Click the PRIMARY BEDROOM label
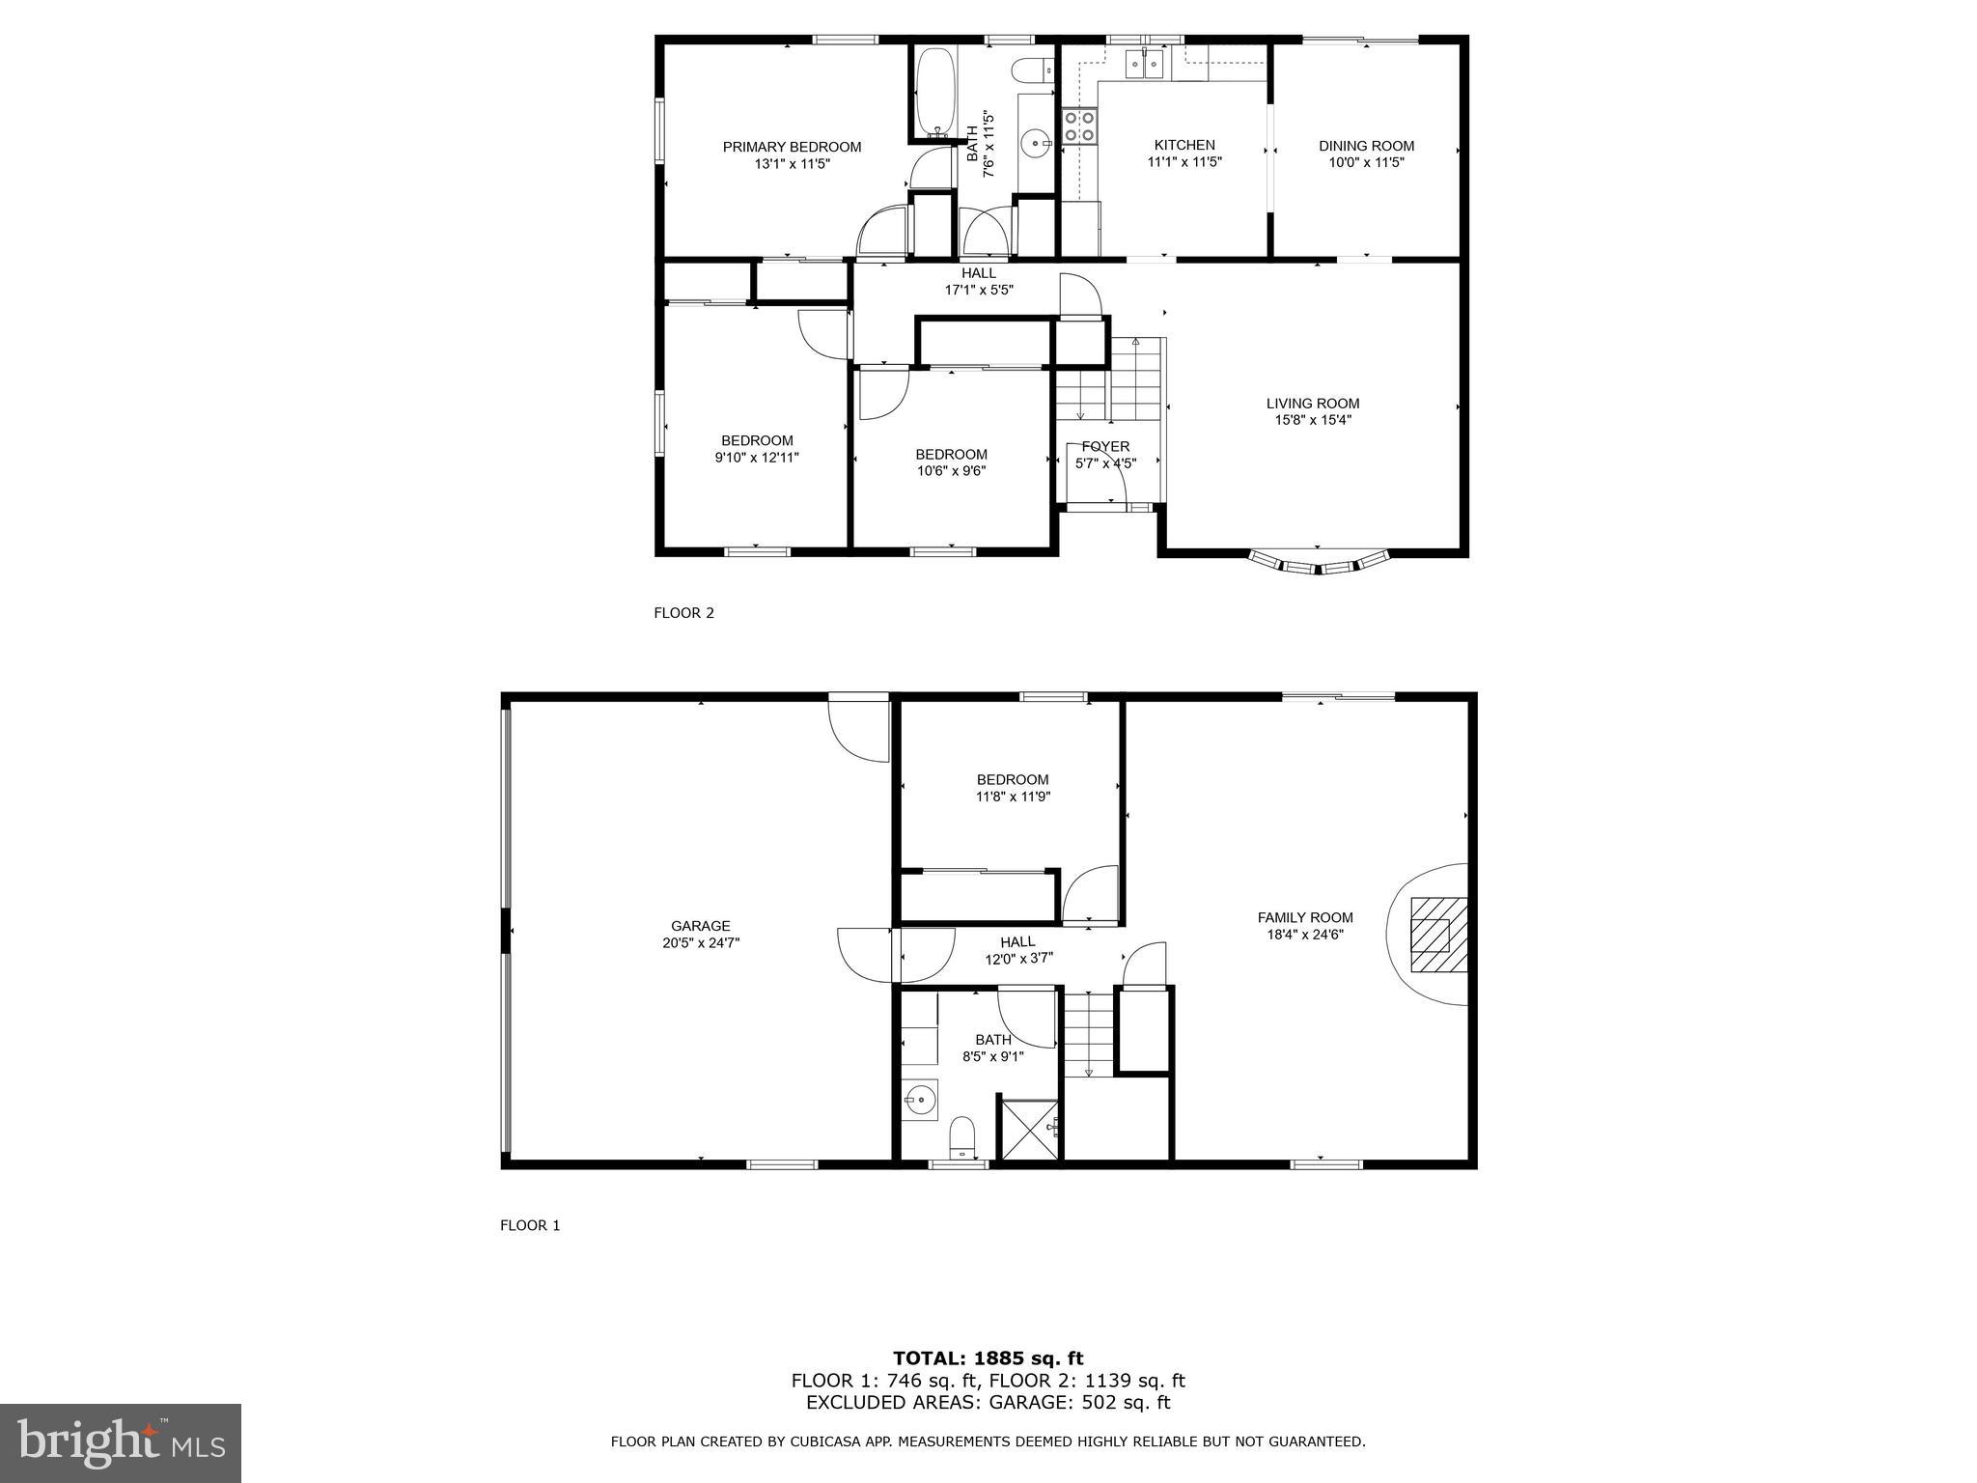click(792, 147)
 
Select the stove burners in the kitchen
click(1079, 126)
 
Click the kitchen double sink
click(1145, 65)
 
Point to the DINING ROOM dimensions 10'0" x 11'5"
click(1366, 162)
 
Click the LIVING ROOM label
click(1313, 404)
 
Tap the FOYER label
click(1105, 446)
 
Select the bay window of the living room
click(1318, 564)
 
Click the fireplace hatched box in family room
click(1438, 934)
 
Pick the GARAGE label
click(701, 926)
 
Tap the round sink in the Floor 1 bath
click(920, 1099)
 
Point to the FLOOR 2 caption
click(683, 612)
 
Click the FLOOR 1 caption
click(529, 1225)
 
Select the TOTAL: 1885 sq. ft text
click(988, 1358)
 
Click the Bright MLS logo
click(121, 1442)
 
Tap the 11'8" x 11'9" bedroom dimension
click(1012, 797)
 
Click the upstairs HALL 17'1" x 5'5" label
click(978, 281)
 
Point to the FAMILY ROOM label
click(1305, 917)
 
